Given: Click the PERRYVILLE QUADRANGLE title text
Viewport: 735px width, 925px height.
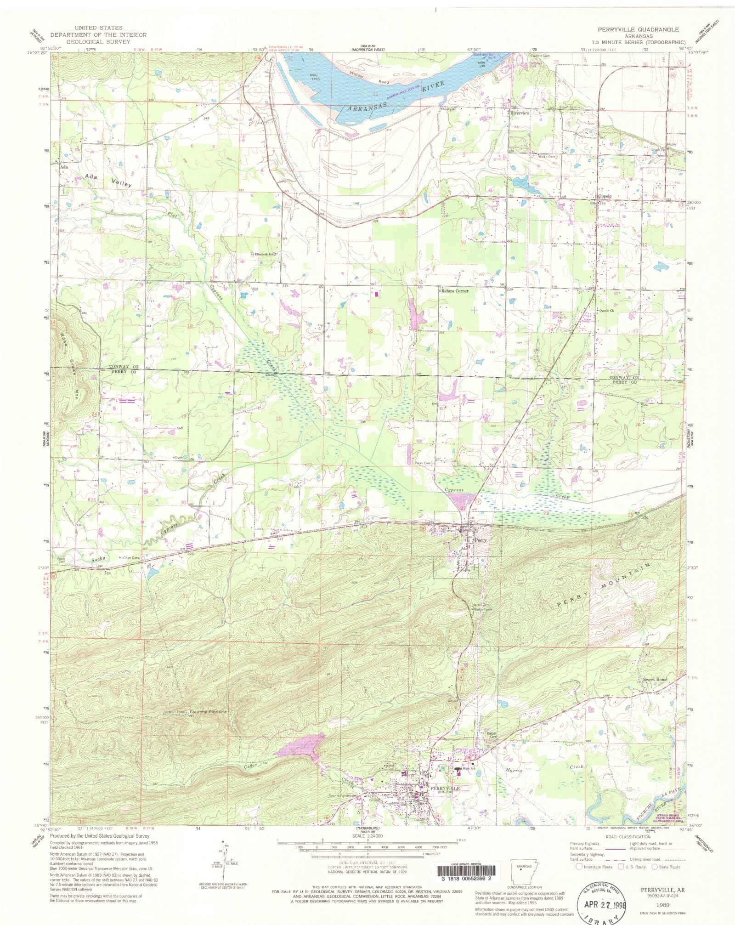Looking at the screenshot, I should [x=638, y=29].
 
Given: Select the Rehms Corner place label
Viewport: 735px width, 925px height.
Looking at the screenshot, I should [x=455, y=291].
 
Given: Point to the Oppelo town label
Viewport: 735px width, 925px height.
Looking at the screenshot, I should [x=604, y=196].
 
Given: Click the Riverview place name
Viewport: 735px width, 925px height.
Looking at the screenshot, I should [x=520, y=113].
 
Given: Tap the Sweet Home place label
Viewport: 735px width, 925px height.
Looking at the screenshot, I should [x=655, y=679].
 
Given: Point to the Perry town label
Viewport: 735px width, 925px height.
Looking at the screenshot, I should [x=480, y=540].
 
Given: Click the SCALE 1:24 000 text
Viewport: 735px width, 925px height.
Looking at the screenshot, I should [x=367, y=836].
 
